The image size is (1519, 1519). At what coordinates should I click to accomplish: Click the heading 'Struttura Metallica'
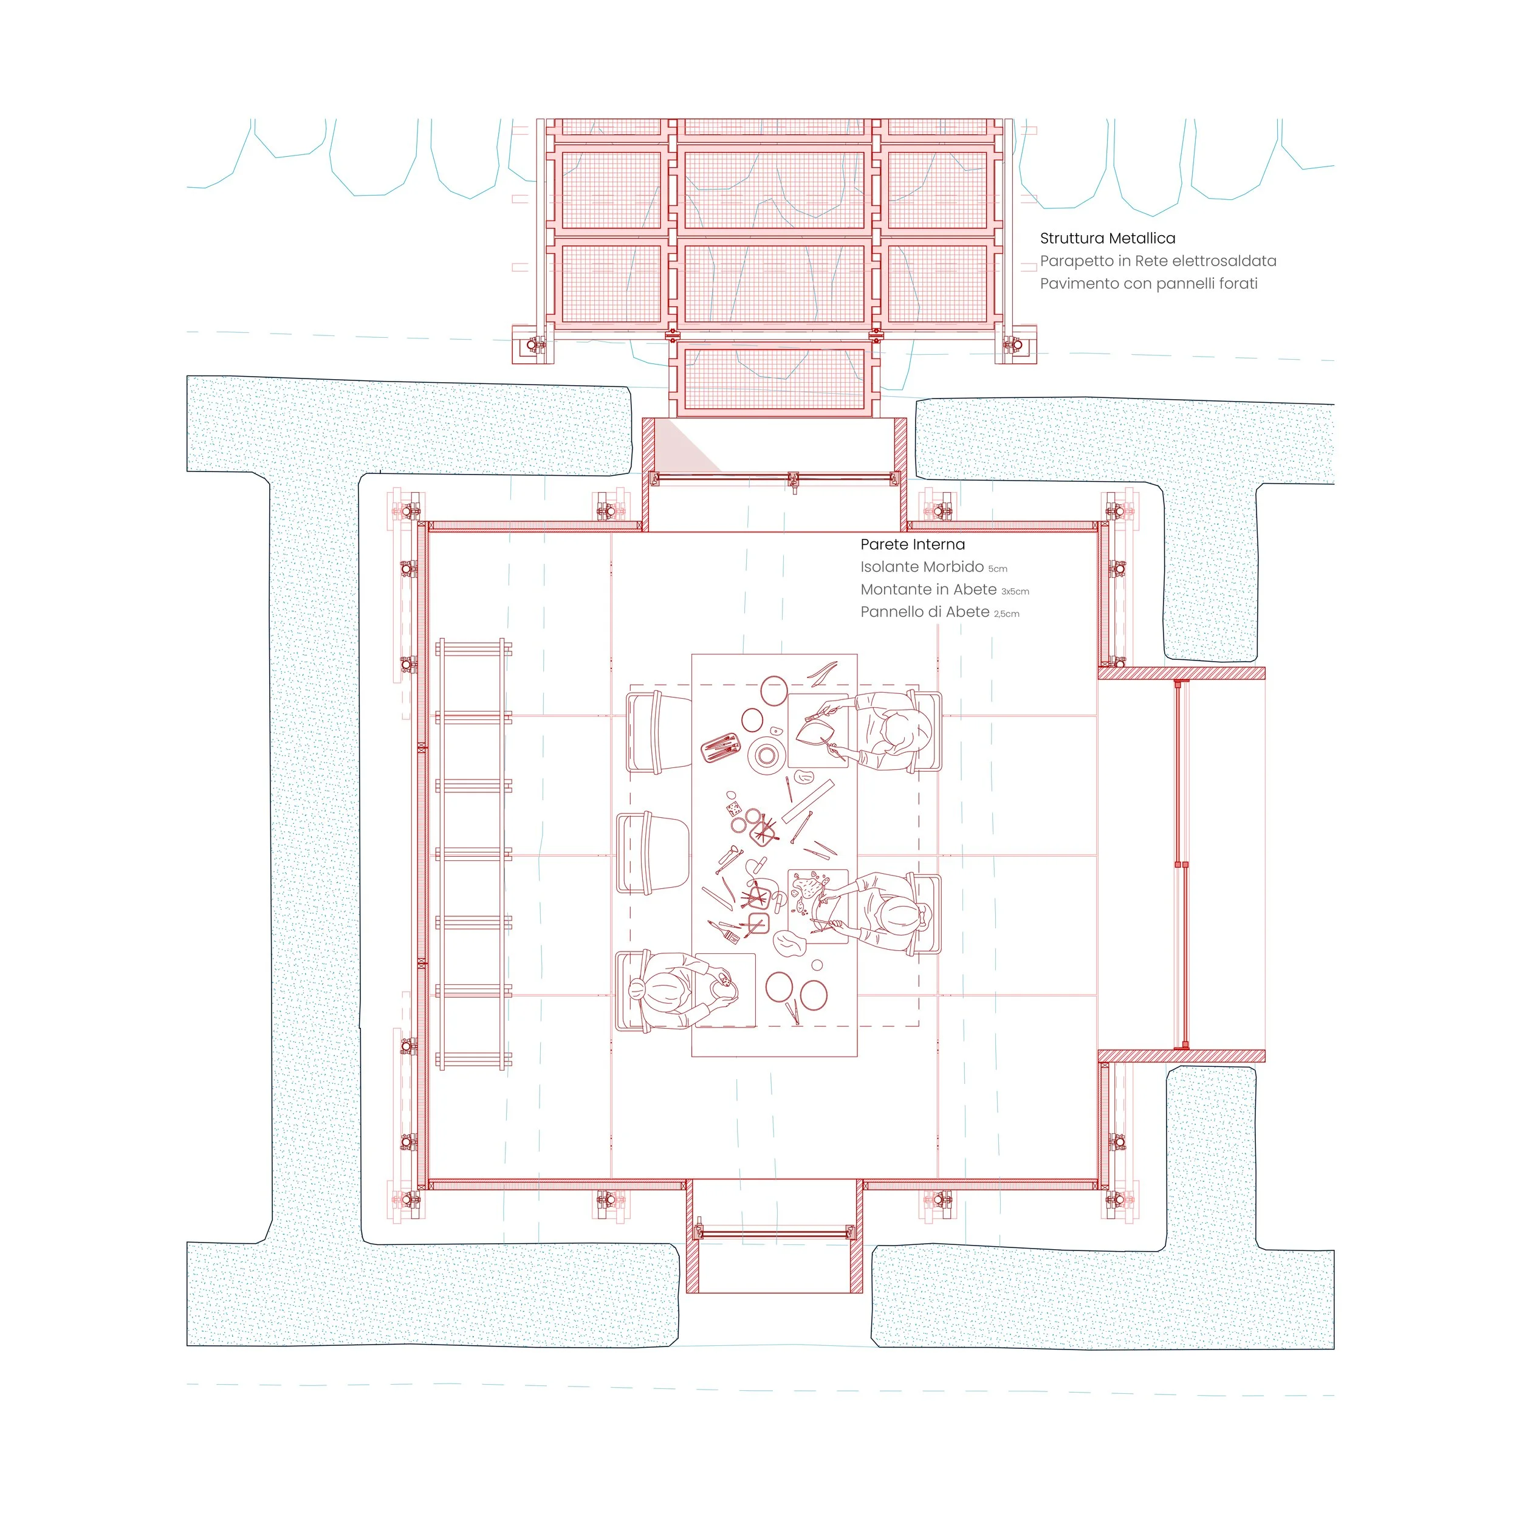[1107, 238]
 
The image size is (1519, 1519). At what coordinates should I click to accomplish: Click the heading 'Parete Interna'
[912, 544]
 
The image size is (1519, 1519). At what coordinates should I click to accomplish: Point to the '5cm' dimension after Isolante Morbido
[998, 569]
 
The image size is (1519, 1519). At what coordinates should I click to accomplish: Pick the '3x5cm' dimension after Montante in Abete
[1015, 591]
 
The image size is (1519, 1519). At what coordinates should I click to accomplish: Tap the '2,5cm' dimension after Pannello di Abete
[1006, 614]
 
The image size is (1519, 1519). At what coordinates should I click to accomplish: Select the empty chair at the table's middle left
[653, 852]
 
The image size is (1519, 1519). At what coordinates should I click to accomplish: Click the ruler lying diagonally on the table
[808, 801]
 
